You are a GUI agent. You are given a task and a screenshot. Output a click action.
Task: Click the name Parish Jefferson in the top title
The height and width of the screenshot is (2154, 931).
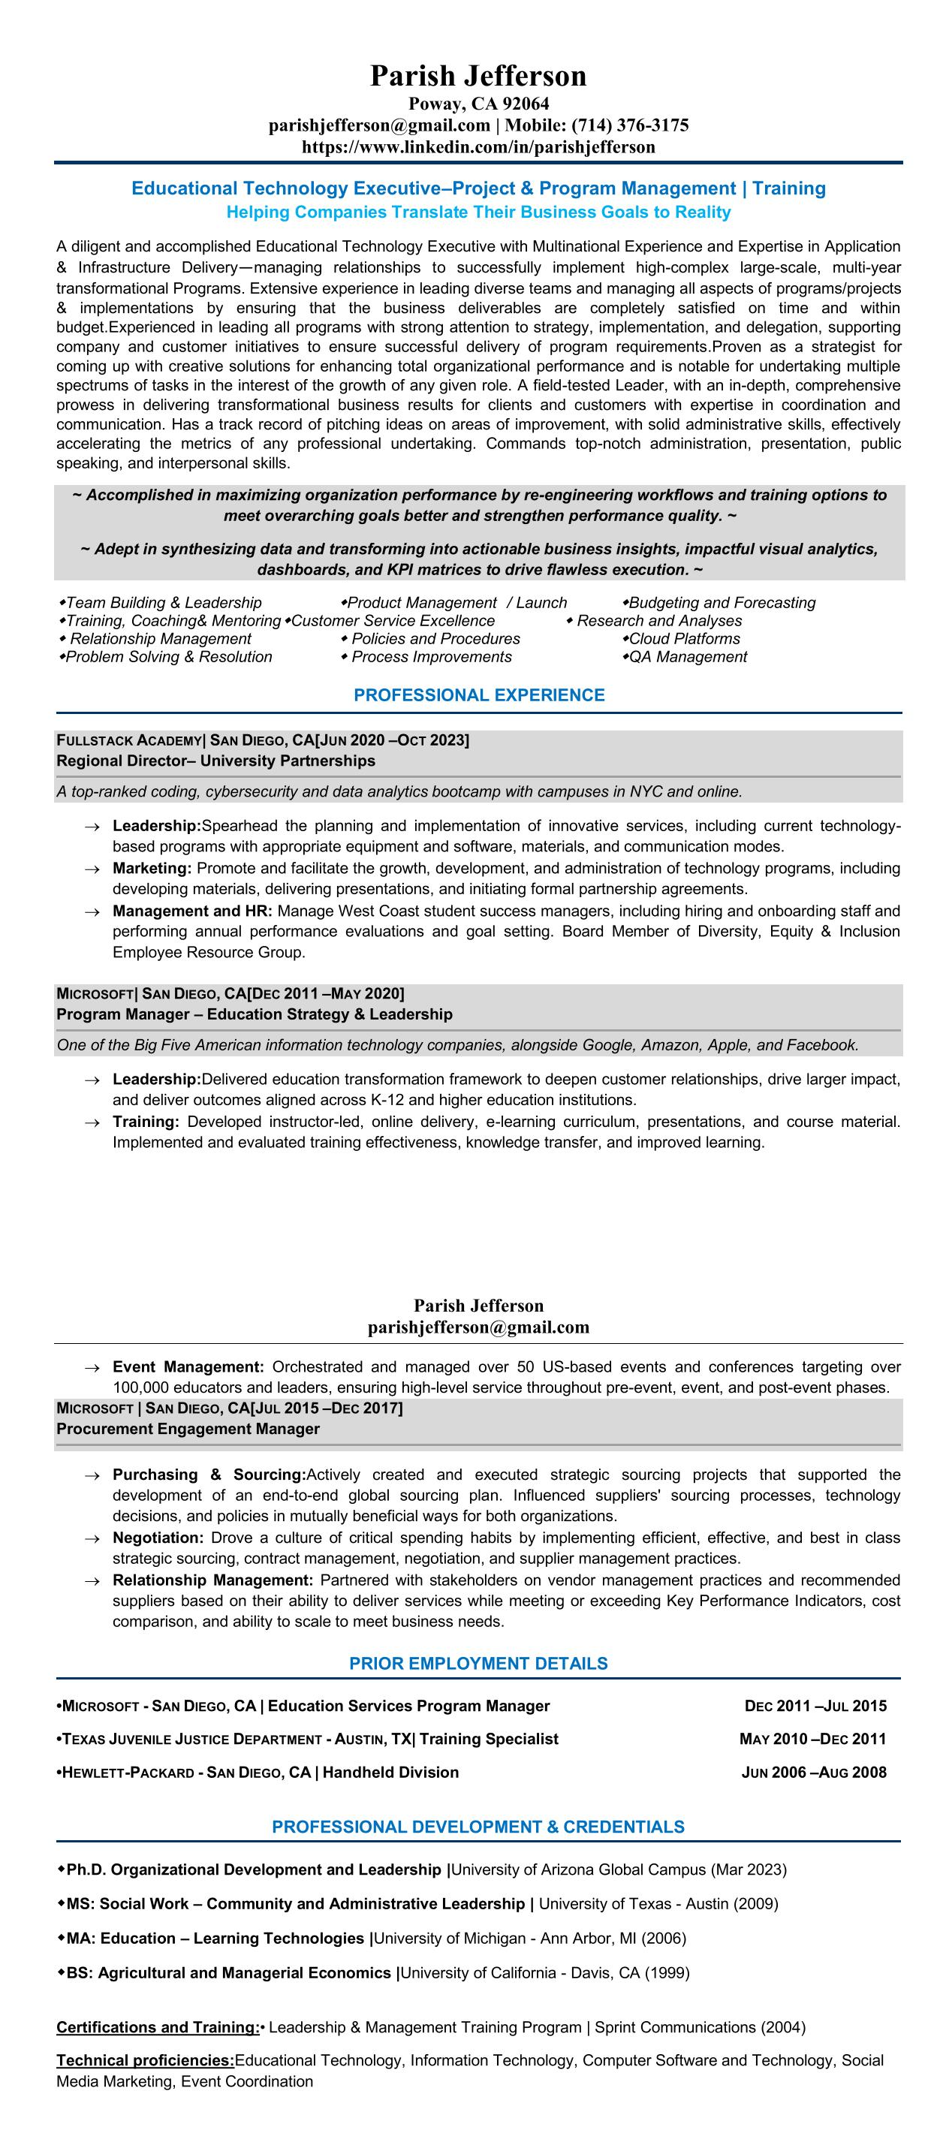click(x=478, y=76)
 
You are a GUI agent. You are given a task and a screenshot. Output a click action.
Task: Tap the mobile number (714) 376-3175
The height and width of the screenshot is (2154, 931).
click(x=630, y=125)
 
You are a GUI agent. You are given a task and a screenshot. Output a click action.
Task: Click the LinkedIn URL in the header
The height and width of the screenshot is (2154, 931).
click(x=478, y=147)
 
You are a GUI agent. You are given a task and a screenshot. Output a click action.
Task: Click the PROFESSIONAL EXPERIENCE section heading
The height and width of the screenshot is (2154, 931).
click(x=478, y=695)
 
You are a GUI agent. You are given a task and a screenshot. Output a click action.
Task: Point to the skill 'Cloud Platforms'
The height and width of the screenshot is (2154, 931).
click(x=684, y=639)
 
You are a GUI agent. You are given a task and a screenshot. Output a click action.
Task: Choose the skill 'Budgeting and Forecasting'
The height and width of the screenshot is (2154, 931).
click(x=722, y=603)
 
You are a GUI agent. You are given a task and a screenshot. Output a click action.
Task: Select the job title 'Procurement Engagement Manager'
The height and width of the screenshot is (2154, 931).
click(x=188, y=1429)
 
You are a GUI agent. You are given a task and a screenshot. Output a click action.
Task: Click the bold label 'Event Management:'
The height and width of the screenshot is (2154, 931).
click(x=188, y=1367)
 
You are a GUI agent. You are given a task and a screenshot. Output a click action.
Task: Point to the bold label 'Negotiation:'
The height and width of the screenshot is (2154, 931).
click(x=158, y=1538)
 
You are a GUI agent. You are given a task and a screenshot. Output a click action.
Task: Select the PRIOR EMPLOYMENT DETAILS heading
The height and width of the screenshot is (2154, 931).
click(x=478, y=1664)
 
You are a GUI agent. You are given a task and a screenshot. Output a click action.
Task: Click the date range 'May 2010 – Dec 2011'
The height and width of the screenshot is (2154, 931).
click(x=812, y=1740)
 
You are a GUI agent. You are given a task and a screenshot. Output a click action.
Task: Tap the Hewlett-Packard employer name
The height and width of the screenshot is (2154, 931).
click(x=128, y=1773)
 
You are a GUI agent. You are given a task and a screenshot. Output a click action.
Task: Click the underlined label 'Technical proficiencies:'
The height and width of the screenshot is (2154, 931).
click(x=145, y=2060)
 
